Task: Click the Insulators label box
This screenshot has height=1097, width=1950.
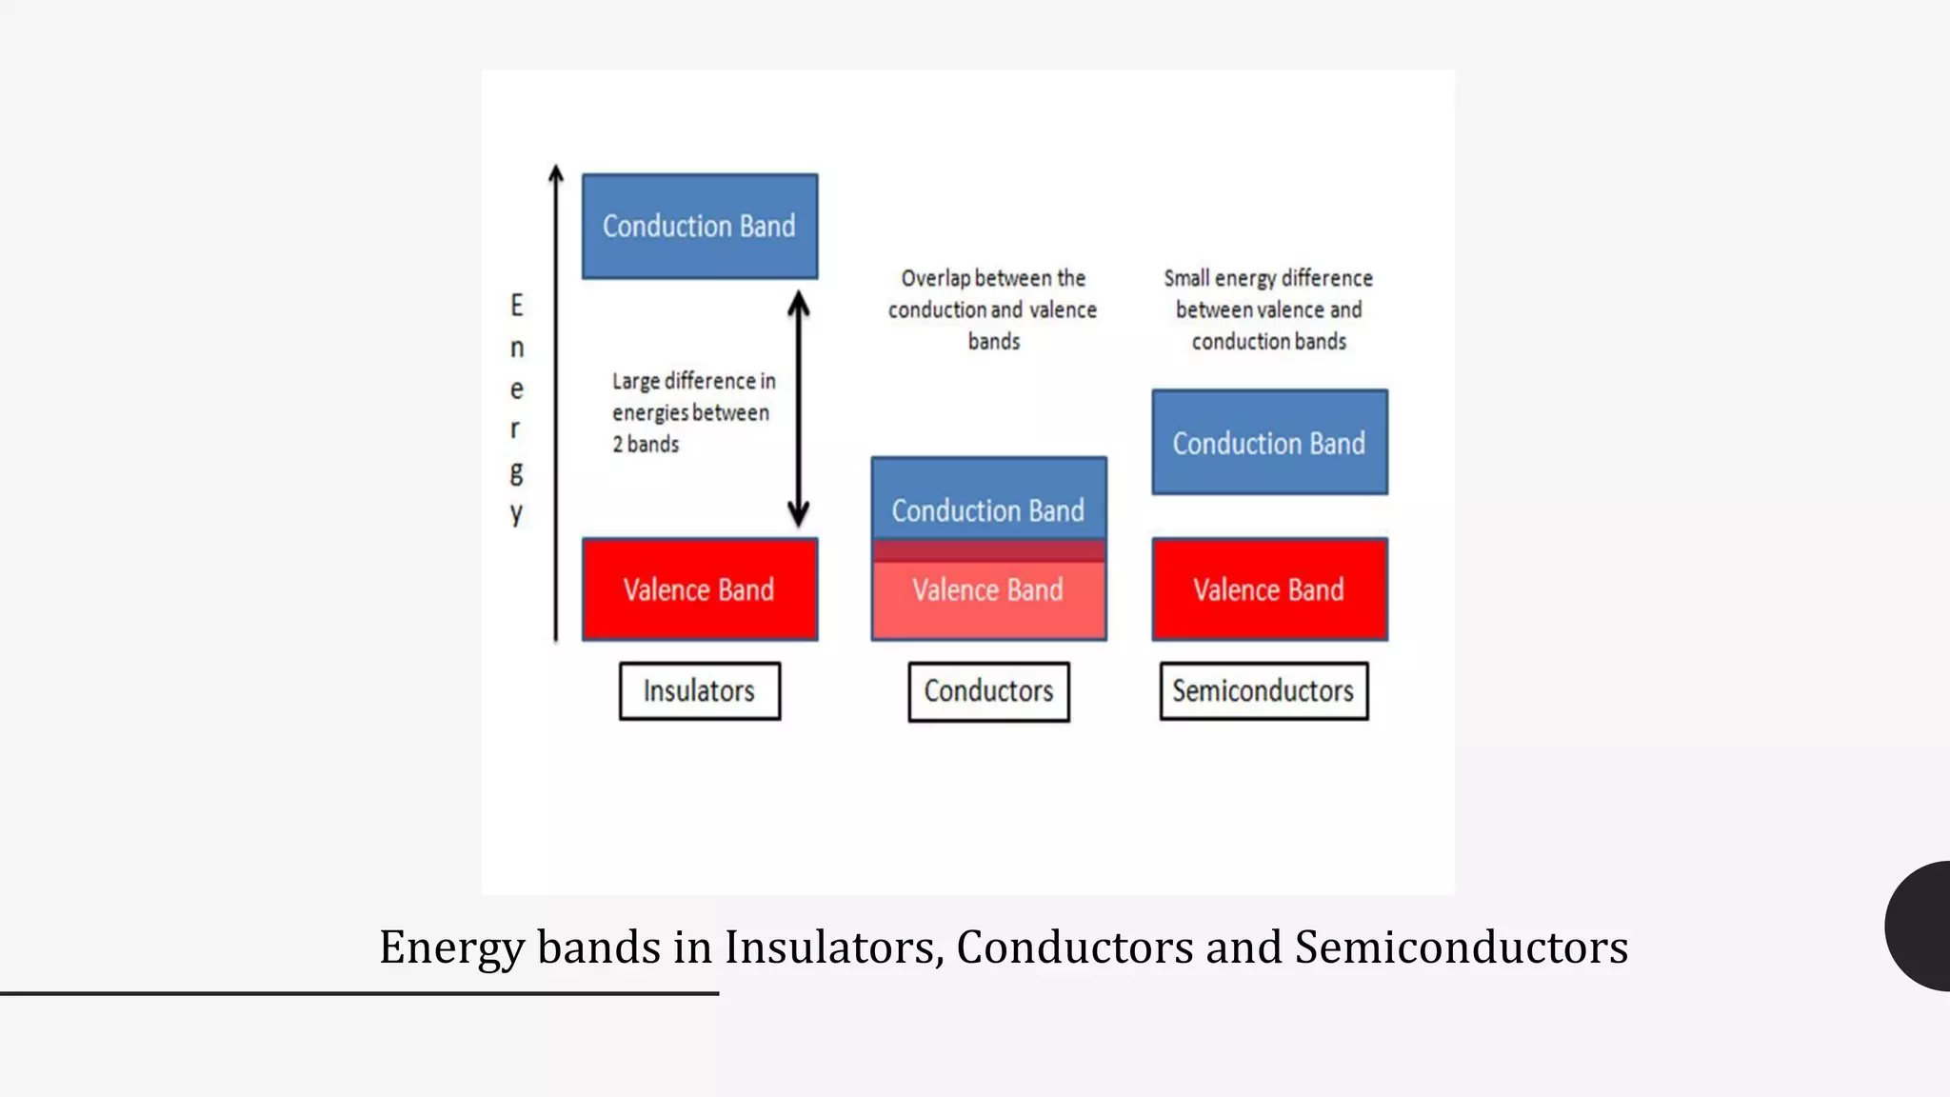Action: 700,691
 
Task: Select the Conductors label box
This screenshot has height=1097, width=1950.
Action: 988,692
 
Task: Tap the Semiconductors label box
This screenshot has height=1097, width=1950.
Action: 1264,691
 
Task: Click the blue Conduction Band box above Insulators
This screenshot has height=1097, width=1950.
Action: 700,227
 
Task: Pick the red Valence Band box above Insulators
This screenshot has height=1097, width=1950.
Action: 700,589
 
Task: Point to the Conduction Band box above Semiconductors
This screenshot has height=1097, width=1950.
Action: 1269,443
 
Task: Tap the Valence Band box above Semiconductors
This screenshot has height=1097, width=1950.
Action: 1269,589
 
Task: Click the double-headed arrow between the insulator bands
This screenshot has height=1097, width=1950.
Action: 799,409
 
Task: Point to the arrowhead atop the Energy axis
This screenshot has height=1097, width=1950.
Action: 556,174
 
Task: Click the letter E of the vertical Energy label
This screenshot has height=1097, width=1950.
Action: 517,306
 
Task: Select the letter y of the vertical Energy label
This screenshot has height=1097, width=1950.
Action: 517,514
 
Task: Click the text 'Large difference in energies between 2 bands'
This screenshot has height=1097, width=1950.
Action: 693,412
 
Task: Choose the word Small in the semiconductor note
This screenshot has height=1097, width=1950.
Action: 1186,278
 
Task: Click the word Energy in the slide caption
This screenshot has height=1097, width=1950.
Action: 451,947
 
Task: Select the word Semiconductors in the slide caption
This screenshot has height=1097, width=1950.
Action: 1462,947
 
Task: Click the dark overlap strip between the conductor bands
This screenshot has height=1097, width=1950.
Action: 988,550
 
